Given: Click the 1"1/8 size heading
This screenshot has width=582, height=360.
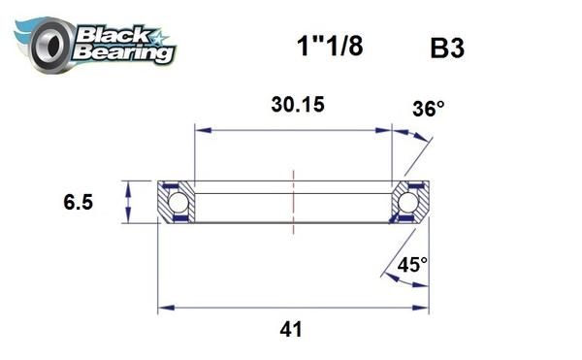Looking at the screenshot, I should (329, 47).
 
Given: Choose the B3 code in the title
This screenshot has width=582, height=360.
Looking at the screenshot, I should (449, 48).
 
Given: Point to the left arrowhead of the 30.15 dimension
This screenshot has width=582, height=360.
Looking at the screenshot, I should (201, 127).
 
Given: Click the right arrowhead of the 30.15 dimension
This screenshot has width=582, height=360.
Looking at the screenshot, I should (386, 127).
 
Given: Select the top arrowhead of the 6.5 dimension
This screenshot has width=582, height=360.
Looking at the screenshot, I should (130, 185).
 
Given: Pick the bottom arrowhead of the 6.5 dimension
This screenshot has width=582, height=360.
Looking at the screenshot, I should (130, 219).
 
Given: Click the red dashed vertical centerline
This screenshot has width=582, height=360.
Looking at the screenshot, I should (292, 202).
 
